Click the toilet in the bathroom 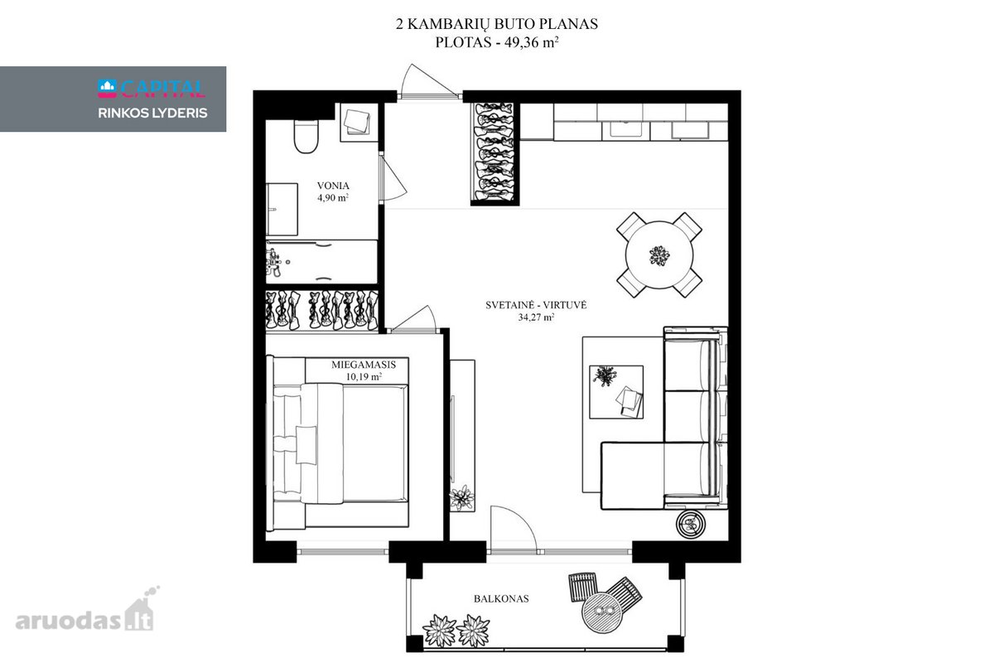[306, 137]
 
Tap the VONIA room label [333, 186]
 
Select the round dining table [659, 254]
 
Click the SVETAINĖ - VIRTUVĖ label [536, 305]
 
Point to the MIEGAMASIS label [364, 365]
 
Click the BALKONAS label [501, 598]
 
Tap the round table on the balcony [601, 612]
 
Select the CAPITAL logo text [162, 89]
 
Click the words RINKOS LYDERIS [152, 114]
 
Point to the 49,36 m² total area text [531, 42]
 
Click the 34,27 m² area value [536, 317]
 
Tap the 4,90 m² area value [333, 197]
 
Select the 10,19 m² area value [364, 376]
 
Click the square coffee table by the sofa [616, 392]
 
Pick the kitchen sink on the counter [625, 129]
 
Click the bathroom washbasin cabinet [282, 209]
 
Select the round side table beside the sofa [691, 525]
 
